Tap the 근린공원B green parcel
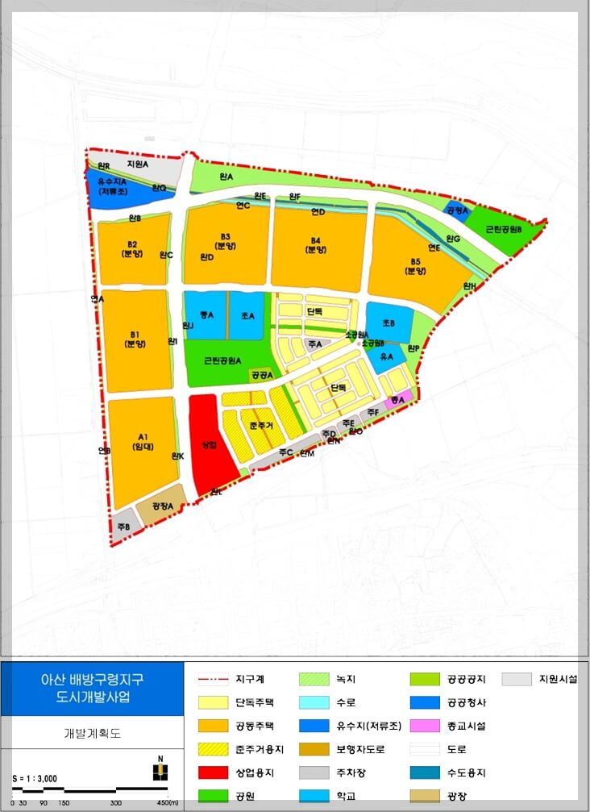[x=504, y=229]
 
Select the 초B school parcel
[x=388, y=323]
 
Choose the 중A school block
[x=205, y=315]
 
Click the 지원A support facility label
[x=137, y=164]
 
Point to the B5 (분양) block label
[x=416, y=266]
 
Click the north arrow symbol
[x=160, y=769]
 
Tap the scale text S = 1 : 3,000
[x=37, y=778]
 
